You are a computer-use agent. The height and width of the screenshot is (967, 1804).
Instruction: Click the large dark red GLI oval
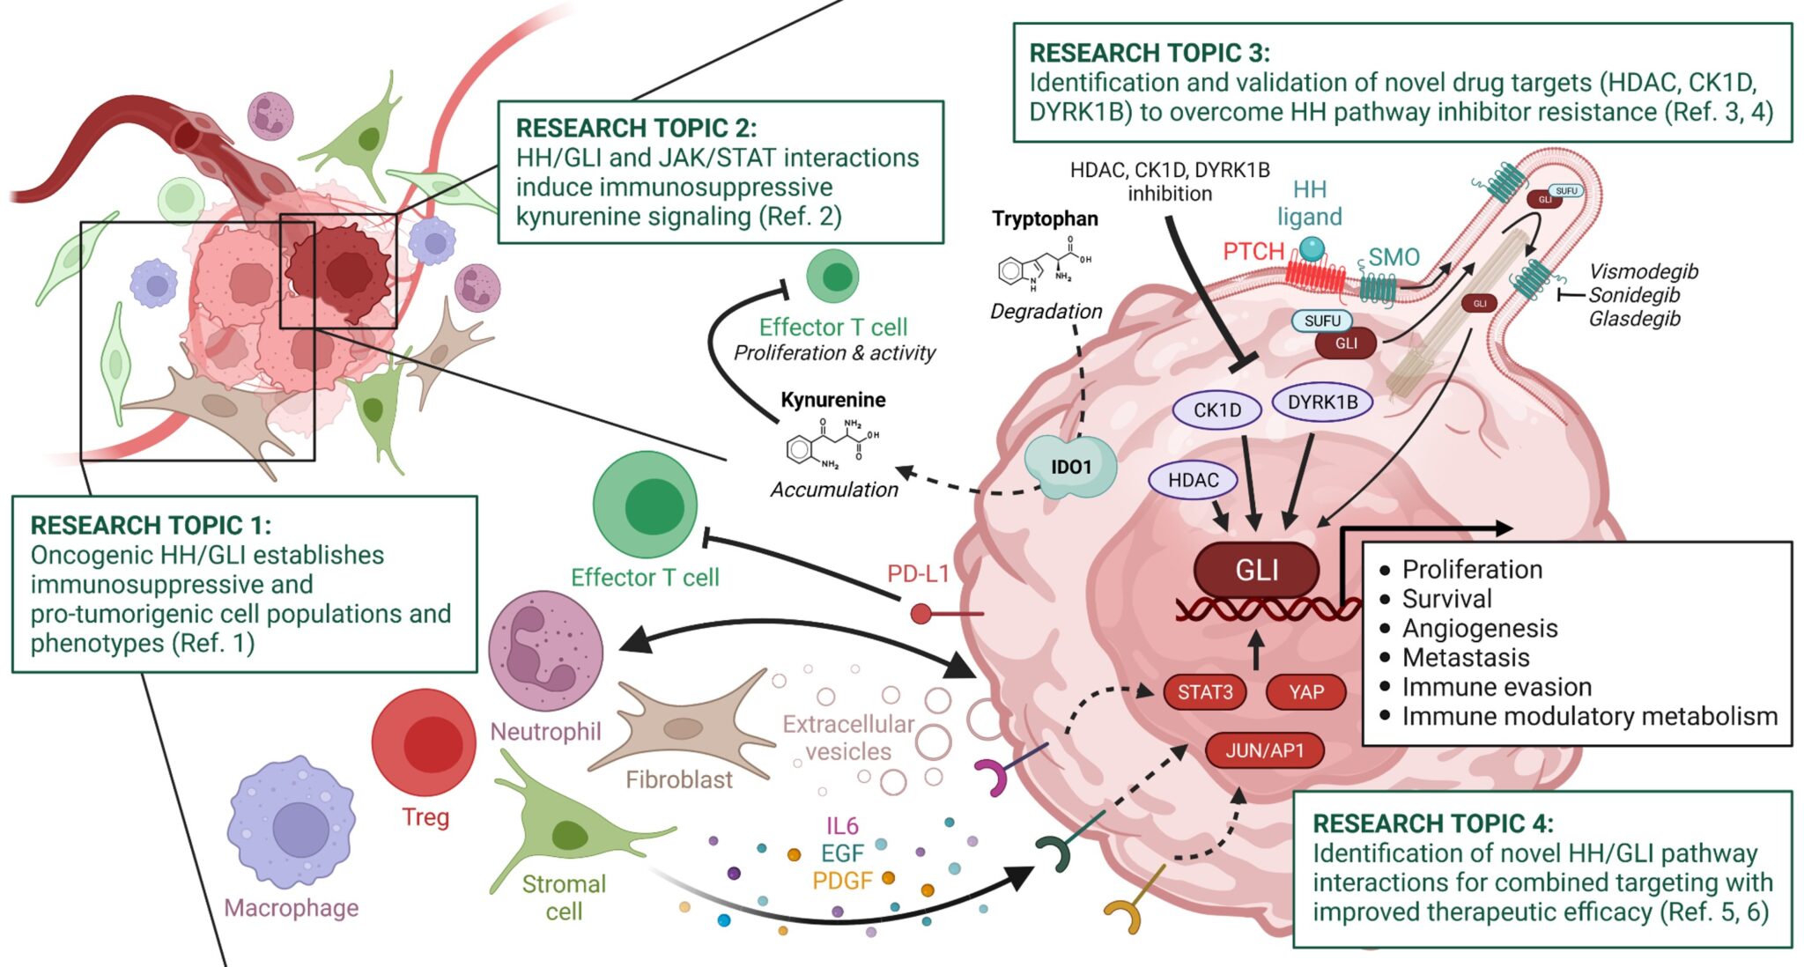point(1256,570)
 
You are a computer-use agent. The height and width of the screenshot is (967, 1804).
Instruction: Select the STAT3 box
point(1205,692)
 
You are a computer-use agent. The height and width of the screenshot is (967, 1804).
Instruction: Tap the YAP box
point(1306,692)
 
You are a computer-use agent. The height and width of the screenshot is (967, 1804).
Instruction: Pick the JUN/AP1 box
point(1264,751)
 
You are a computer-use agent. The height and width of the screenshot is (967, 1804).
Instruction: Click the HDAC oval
point(1194,480)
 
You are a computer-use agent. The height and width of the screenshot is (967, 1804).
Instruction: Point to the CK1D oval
point(1216,410)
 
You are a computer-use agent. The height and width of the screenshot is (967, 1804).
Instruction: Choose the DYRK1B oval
point(1322,402)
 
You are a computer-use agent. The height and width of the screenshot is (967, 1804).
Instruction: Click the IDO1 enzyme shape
point(1070,467)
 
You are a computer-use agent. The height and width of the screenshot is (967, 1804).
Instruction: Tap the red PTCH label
point(1253,252)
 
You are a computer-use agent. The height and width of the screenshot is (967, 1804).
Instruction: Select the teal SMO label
point(1394,257)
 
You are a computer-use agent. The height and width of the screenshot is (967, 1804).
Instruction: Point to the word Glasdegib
point(1634,319)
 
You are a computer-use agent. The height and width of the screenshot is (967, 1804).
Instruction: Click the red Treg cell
point(424,742)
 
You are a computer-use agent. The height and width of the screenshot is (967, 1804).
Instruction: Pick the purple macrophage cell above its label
point(292,824)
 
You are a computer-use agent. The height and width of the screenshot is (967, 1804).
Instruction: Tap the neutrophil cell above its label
point(546,651)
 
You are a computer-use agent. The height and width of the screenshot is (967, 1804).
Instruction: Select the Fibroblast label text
point(679,780)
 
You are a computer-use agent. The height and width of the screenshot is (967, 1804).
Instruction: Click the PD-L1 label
point(918,574)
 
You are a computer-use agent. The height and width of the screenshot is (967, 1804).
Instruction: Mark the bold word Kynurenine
point(833,400)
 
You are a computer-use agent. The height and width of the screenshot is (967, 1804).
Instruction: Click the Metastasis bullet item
point(1466,658)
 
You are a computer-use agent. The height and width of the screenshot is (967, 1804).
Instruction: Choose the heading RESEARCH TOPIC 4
point(1432,823)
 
